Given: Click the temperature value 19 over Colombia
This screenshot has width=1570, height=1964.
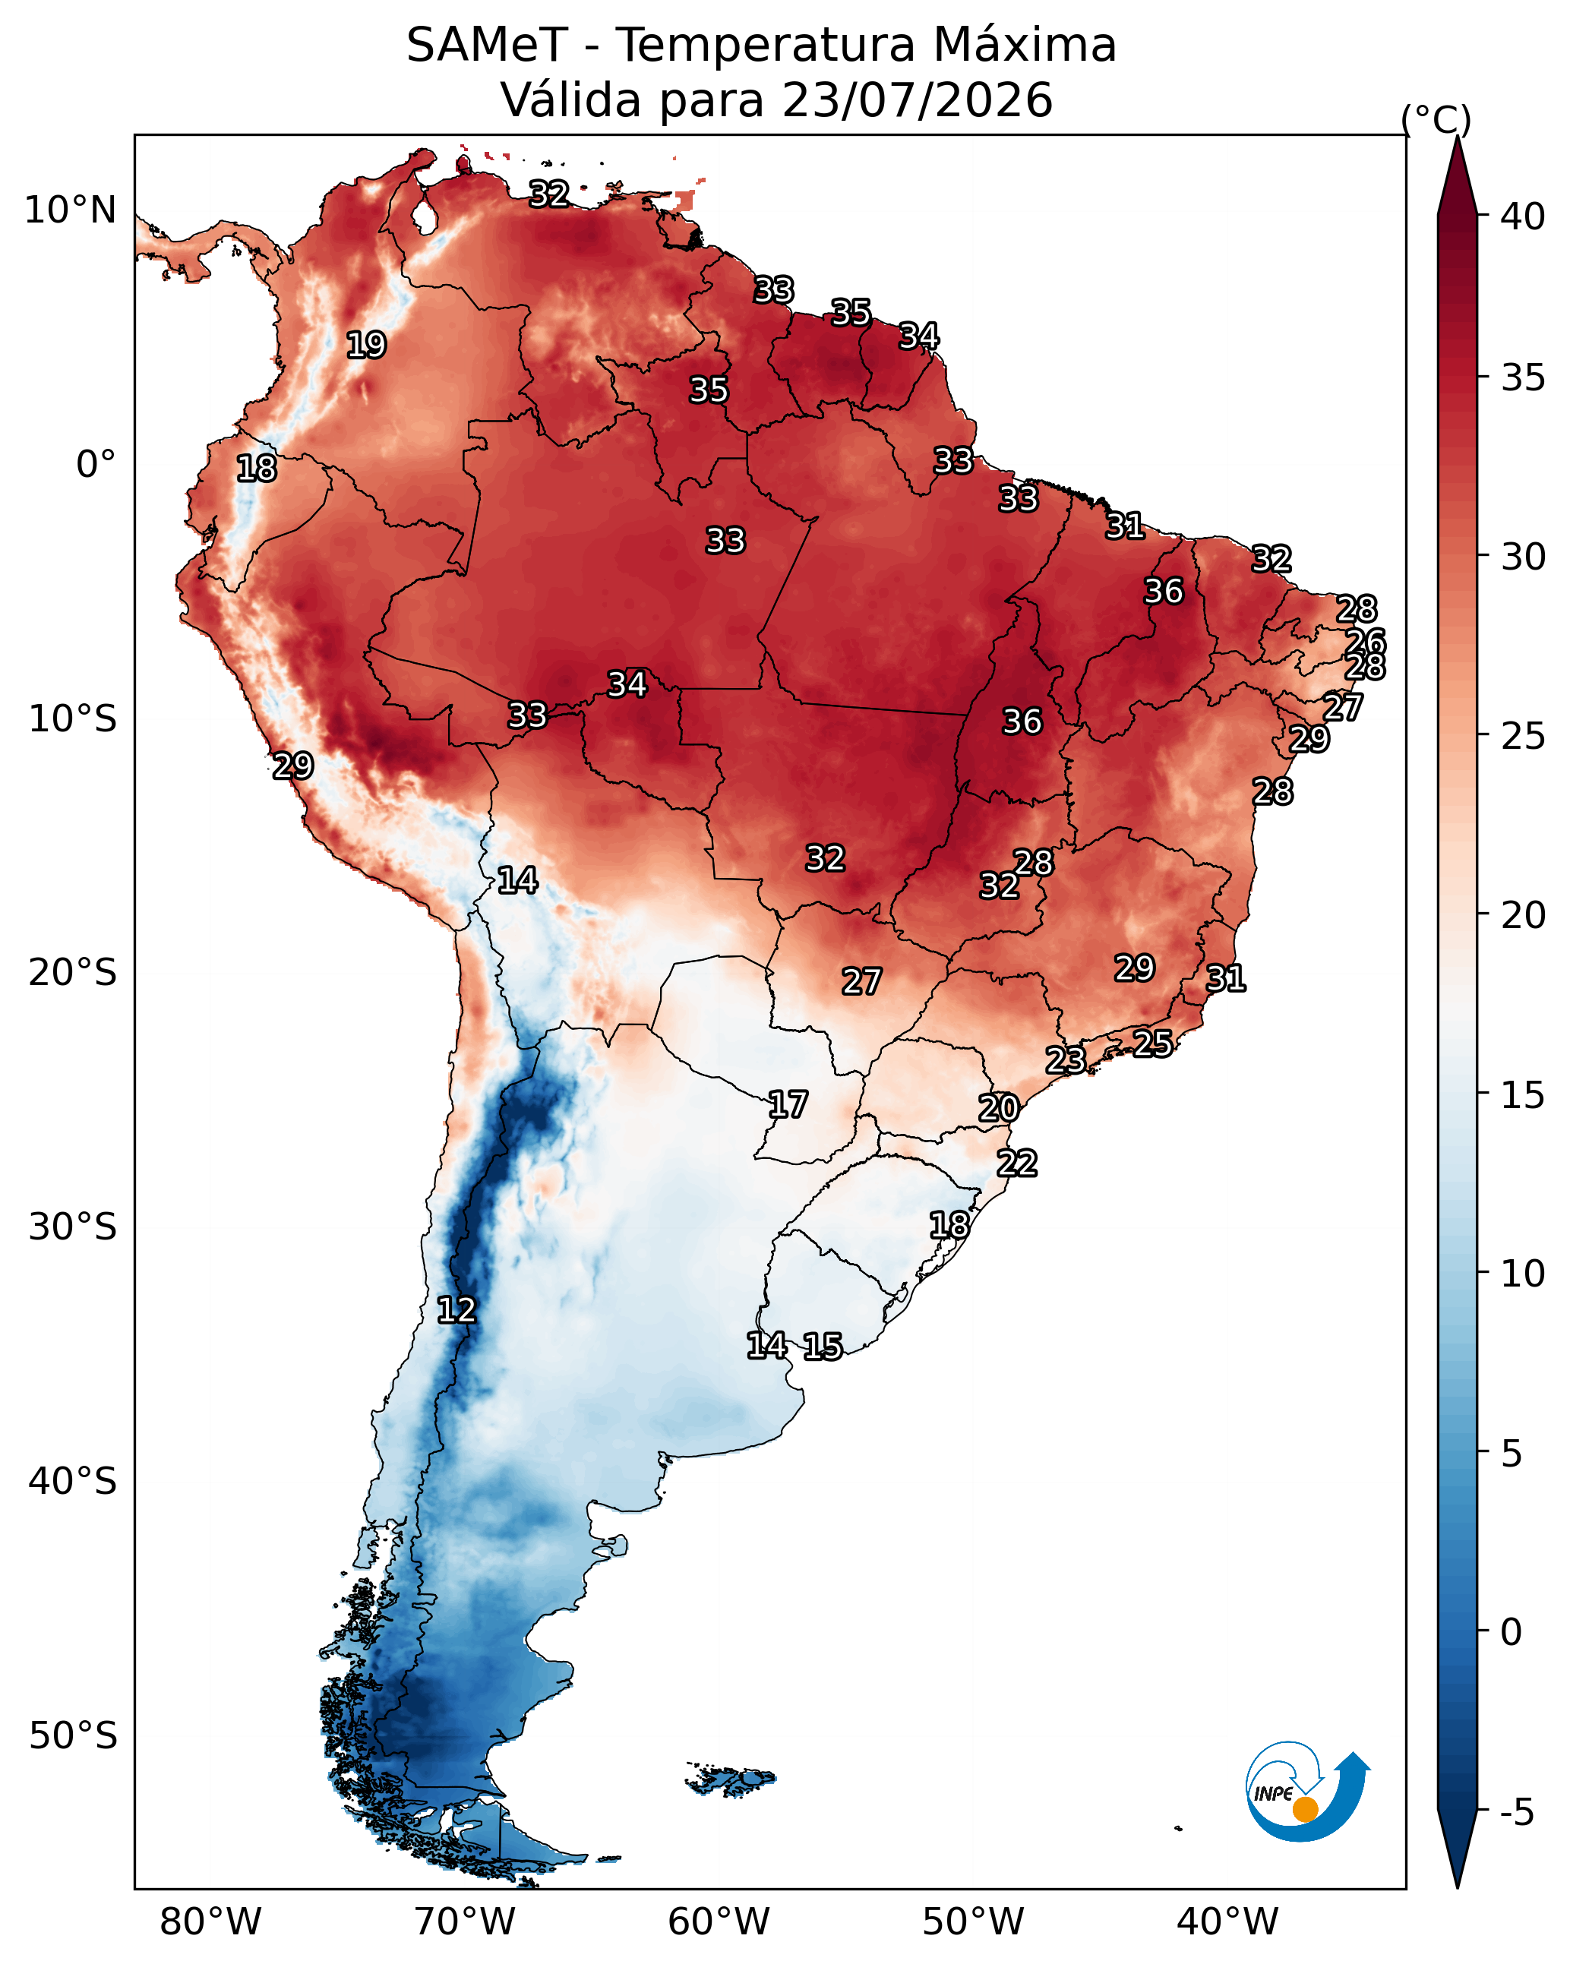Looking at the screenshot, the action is click(366, 346).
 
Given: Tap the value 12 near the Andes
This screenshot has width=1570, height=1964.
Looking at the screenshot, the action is click(456, 1310).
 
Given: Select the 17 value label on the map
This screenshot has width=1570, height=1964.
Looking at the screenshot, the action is click(787, 1105).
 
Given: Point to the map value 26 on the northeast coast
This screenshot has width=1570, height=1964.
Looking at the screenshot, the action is click(1366, 641).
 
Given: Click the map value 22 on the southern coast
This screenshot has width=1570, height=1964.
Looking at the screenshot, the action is click(1017, 1164).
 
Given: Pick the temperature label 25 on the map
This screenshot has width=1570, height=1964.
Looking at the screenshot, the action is click(1153, 1043).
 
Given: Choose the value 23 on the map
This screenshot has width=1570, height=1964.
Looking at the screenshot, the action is click(1065, 1059).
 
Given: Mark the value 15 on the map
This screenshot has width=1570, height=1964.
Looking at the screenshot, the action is click(823, 1347).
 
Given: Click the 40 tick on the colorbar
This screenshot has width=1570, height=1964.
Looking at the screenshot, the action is click(1524, 216).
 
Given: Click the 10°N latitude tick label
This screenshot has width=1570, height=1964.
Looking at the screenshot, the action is click(70, 210).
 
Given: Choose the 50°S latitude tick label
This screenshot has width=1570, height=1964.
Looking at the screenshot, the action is click(73, 1736).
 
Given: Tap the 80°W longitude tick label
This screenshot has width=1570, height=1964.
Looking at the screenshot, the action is click(210, 1922).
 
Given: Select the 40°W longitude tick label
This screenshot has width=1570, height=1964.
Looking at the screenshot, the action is click(1227, 1922).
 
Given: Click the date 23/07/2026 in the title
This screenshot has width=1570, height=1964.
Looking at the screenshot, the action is click(918, 100).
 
